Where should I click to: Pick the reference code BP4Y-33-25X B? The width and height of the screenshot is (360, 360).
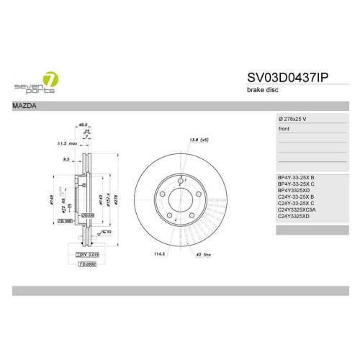tap(296, 177)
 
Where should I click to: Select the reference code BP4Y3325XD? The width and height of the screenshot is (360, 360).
tap(293, 189)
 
